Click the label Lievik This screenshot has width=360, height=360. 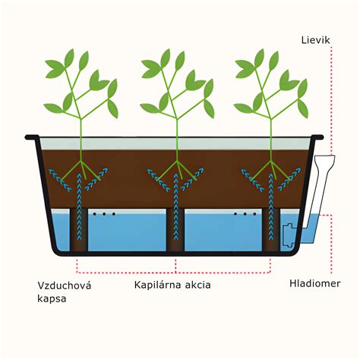(x=315, y=40)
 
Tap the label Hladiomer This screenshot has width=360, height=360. (x=315, y=283)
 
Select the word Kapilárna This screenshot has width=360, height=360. (x=157, y=285)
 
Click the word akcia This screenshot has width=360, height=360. (x=198, y=285)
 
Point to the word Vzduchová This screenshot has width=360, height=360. (x=65, y=286)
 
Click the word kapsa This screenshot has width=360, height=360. (x=52, y=298)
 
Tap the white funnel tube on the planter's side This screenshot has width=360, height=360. (x=321, y=189)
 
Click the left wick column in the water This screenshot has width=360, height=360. (x=79, y=229)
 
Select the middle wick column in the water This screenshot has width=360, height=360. (x=175, y=229)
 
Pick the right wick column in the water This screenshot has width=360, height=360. (x=271, y=229)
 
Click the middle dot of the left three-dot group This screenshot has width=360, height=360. (x=104, y=214)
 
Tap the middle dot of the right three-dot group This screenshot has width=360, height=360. (x=245, y=214)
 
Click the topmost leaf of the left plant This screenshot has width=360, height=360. (x=69, y=58)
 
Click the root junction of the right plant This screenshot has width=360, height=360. (x=271, y=161)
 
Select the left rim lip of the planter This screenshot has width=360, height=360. (x=32, y=137)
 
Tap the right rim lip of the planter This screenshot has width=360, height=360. (x=317, y=137)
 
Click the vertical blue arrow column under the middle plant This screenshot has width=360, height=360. (x=175, y=206)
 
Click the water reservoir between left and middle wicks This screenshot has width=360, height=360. (x=127, y=232)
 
